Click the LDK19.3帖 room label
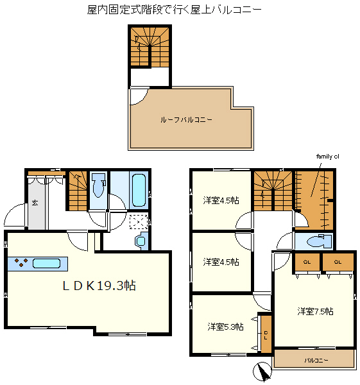coord(99,286)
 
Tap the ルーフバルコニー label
coord(186,120)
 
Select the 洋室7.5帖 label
coord(315,311)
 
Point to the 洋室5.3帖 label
coord(225,327)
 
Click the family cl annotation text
coord(327,157)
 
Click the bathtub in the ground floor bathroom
coord(139,191)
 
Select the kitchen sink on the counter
coord(46,264)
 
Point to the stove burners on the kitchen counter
coord(21,262)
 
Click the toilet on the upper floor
coord(319,241)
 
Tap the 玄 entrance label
coord(35,203)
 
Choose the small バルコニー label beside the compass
coord(316,361)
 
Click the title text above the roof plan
coord(175,10)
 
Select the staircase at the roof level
coord(150,46)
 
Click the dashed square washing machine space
coord(139,222)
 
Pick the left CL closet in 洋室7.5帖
coord(307,262)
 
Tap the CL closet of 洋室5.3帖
coord(266,334)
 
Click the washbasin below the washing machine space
coord(141,241)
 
